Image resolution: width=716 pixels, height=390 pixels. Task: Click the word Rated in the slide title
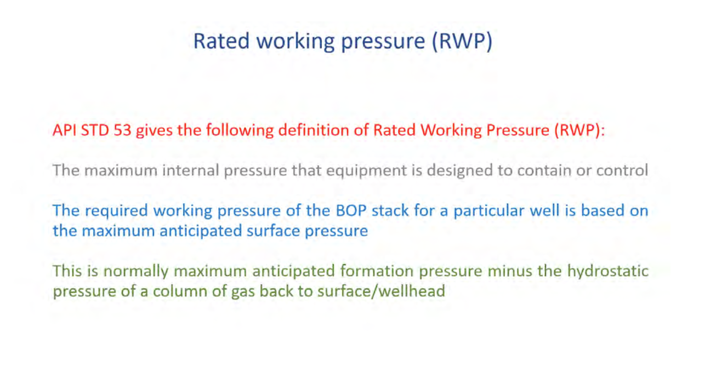(x=221, y=41)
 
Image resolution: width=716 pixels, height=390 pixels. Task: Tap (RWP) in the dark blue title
(x=462, y=42)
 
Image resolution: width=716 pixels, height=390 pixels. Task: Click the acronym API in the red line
(x=64, y=130)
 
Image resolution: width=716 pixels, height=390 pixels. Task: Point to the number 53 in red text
(x=122, y=130)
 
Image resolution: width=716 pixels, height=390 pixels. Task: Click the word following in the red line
(x=240, y=131)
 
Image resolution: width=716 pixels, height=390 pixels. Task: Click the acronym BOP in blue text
(x=351, y=211)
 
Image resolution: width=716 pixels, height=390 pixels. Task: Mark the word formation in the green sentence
(x=377, y=271)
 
